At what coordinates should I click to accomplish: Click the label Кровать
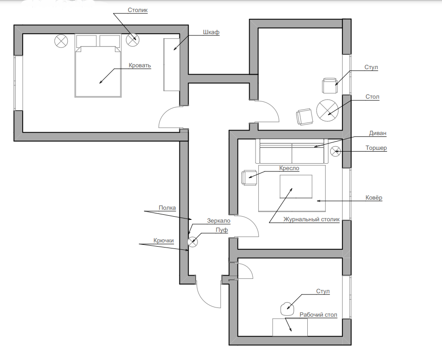[140, 65]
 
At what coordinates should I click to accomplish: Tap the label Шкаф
[210, 32]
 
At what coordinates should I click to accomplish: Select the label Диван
[378, 133]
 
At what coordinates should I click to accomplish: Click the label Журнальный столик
[311, 219]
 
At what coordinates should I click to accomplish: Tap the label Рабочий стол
[318, 315]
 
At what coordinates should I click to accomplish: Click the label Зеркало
[218, 220]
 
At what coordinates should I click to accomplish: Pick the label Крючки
[163, 240]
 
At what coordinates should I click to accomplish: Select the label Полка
[167, 208]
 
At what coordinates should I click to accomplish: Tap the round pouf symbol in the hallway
[193, 241]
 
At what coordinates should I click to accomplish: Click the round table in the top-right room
[328, 110]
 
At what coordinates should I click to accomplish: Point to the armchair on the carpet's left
[248, 177]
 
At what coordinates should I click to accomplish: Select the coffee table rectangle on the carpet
[295, 185]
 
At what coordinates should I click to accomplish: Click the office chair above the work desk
[287, 307]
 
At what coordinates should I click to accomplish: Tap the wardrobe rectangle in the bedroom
[171, 65]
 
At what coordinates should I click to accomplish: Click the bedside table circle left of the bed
[61, 41]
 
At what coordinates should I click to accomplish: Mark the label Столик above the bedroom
[138, 10]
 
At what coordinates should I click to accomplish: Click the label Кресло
[289, 168]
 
